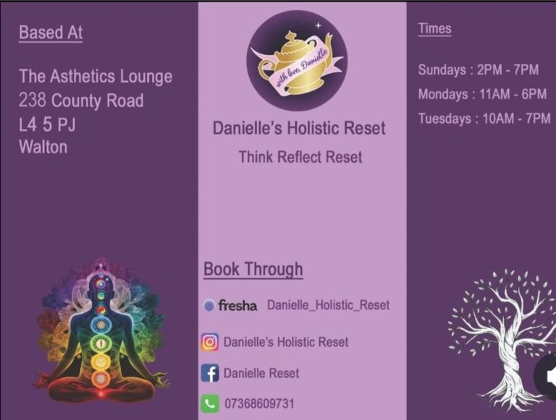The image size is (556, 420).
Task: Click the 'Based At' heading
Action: [51, 33]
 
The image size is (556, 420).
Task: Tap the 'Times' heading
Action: [434, 28]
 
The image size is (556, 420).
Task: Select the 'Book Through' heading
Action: [253, 269]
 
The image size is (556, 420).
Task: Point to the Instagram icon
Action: [209, 342]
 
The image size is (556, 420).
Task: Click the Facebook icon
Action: [210, 373]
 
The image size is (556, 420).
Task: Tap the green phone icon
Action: [210, 403]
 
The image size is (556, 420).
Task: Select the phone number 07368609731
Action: [260, 403]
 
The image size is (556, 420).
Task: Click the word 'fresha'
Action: [237, 305]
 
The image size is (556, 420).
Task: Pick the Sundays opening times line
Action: [479, 70]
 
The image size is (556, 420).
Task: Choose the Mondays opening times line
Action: [482, 94]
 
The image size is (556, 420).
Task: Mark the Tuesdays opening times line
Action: [484, 119]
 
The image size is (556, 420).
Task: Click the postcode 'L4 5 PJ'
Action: [47, 124]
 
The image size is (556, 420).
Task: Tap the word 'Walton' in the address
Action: [43, 147]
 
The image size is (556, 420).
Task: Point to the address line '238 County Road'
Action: [81, 100]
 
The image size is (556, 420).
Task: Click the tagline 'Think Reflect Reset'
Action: [300, 157]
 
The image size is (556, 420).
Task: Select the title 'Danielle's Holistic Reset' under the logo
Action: [299, 128]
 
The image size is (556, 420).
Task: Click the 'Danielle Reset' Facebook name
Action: [261, 373]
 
